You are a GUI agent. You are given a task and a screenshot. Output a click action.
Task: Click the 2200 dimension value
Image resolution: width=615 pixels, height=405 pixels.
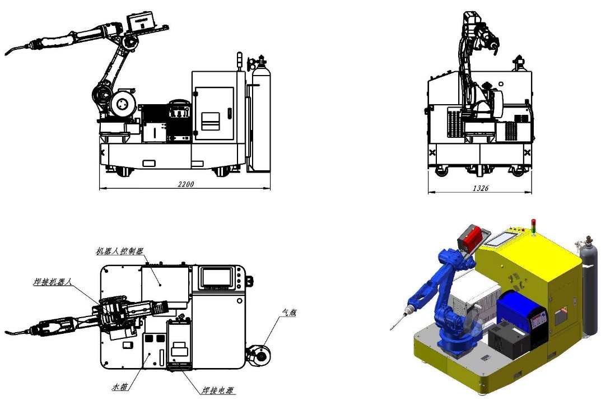pos(186,184)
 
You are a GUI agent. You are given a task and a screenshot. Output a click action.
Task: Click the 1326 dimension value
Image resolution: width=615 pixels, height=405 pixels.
pos(481,188)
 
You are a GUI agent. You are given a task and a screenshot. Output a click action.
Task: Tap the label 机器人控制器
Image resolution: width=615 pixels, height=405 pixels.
pos(120,251)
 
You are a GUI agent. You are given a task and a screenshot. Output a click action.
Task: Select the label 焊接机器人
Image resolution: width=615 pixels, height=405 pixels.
pos(53,282)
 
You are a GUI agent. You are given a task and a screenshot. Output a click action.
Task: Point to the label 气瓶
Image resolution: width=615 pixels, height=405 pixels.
pos(289,313)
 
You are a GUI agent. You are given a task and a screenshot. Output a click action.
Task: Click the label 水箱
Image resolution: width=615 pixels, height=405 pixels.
pos(120,387)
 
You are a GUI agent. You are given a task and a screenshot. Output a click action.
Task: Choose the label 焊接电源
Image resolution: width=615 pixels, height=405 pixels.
pos(218,390)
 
